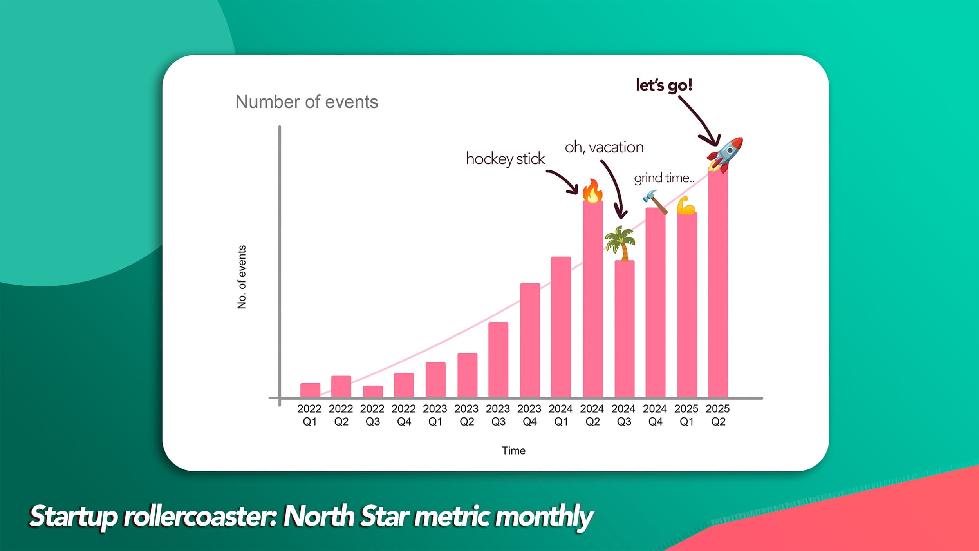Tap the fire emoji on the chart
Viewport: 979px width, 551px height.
[x=592, y=191]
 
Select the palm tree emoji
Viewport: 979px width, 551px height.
[x=620, y=243]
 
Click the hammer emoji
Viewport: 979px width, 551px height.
[x=654, y=201]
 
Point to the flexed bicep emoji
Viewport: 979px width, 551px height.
[x=686, y=206]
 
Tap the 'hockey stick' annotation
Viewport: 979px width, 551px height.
[x=505, y=159]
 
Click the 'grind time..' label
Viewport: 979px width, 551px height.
[x=664, y=178]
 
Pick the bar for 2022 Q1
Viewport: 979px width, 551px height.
[x=310, y=390]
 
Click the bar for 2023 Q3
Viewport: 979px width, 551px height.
[x=498, y=360]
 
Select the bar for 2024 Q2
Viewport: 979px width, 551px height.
[x=592, y=299]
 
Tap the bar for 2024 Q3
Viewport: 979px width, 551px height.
[x=624, y=329]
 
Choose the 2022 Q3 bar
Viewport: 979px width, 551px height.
[x=373, y=391]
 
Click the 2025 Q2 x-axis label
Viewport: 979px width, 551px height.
[x=718, y=415]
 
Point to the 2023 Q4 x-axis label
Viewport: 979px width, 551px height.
[x=529, y=415]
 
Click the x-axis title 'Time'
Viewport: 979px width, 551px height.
[x=513, y=451]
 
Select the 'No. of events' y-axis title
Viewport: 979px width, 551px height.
[x=242, y=277]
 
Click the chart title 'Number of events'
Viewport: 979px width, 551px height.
[x=307, y=102]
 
